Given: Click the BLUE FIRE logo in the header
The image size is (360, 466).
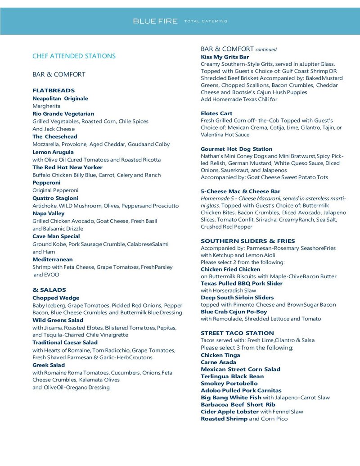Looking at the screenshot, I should pos(155,21).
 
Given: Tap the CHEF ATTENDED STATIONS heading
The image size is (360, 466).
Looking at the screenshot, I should pos(74,56).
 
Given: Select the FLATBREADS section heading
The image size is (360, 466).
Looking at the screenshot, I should pos(54,90).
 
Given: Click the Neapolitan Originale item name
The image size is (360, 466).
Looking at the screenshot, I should pos(60,99).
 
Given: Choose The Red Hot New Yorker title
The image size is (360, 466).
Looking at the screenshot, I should pos(67,167).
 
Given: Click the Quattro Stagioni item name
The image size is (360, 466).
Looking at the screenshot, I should pos(55,198).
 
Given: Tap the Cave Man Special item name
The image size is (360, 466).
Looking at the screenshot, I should pos(56,236).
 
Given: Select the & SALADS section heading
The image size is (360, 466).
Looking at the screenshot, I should pos(49,290).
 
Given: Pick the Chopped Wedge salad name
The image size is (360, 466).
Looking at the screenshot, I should pos(56,298).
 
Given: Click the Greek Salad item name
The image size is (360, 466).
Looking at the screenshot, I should pos(49,365).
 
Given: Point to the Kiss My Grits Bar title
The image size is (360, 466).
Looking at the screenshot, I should pos(225,57).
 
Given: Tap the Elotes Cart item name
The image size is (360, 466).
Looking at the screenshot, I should pos(216,113).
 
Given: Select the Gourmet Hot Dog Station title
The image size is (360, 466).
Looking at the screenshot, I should pos(236,149).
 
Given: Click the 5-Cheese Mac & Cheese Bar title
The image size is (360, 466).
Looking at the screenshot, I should pos(240,191).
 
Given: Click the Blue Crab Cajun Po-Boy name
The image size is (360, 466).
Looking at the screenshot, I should pos(234,312).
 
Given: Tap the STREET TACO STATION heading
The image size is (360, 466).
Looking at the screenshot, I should pos(237,333).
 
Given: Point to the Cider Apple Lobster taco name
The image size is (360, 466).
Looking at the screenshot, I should pos(229,412).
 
